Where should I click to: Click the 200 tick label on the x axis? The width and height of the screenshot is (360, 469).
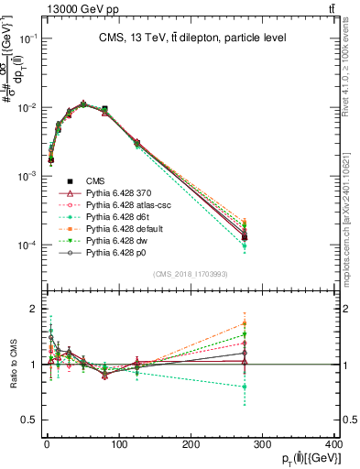pos(191,445)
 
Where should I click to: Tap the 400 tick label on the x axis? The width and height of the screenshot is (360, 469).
pos(334,445)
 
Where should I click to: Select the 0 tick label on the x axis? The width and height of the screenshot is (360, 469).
pos(47,445)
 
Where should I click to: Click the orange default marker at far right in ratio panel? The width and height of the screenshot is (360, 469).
pos(245,323)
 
